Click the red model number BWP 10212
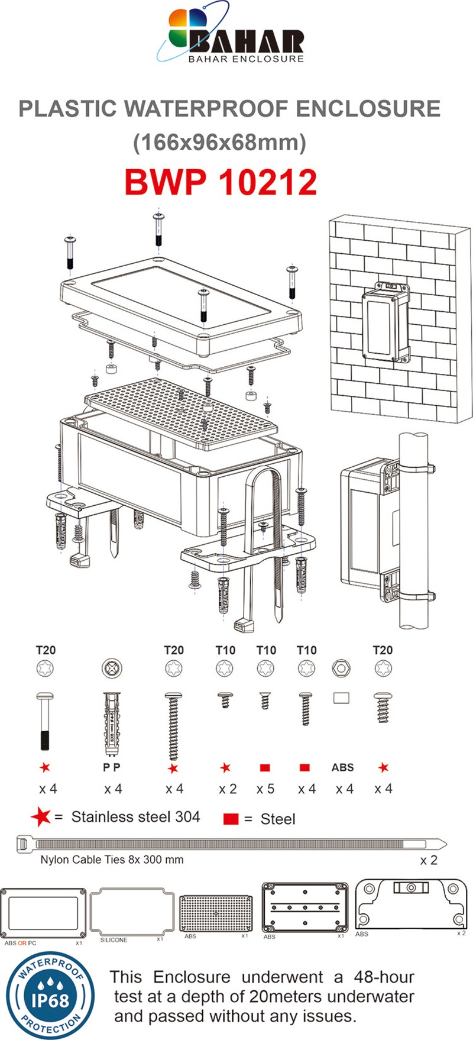221,182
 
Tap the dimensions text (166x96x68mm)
220,143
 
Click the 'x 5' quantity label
265,789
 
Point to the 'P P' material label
112,767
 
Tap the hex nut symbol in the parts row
342,669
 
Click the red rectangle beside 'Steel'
231,819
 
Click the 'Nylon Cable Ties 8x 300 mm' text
112,860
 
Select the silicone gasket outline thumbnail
132,911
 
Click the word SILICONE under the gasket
114,940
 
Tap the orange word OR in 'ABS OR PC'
22,943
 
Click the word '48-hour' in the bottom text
384,977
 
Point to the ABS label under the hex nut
342,767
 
